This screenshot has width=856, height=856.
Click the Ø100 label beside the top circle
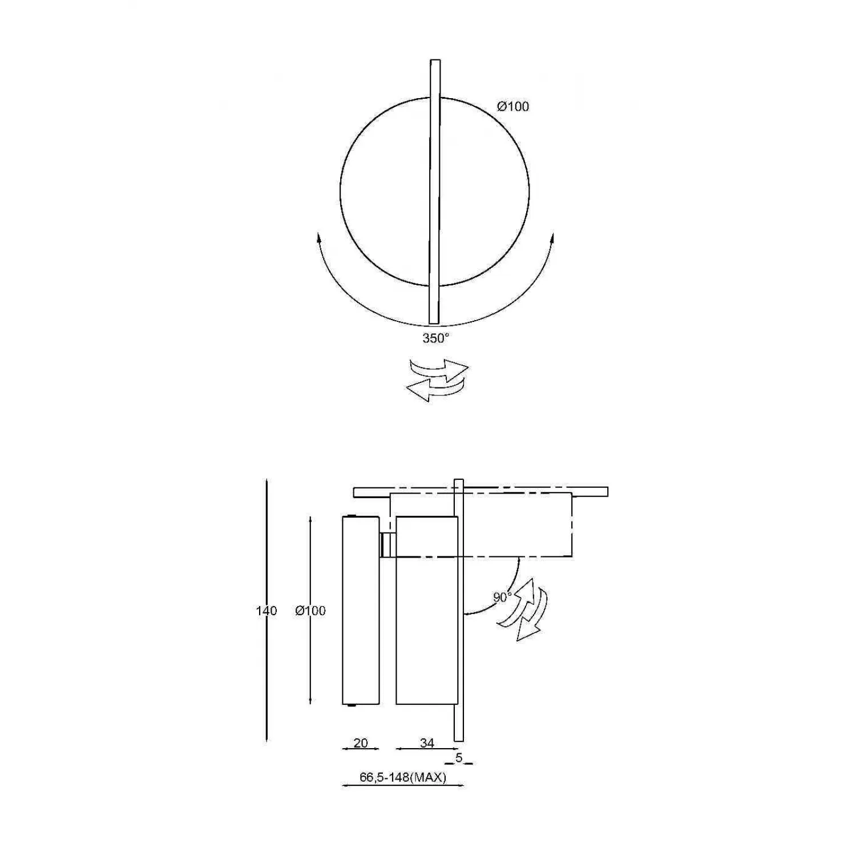tap(513, 107)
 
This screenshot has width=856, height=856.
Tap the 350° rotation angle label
tap(436, 338)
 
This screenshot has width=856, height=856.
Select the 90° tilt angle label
tap(502, 597)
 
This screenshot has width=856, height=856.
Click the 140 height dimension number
tap(267, 611)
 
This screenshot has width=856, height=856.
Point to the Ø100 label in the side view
tap(310, 611)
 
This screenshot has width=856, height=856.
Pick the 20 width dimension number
tap(361, 743)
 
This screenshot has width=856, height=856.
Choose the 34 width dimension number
tap(427, 743)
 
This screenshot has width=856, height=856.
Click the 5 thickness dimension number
tap(459, 758)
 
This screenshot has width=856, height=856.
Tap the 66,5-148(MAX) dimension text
tap(403, 777)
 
